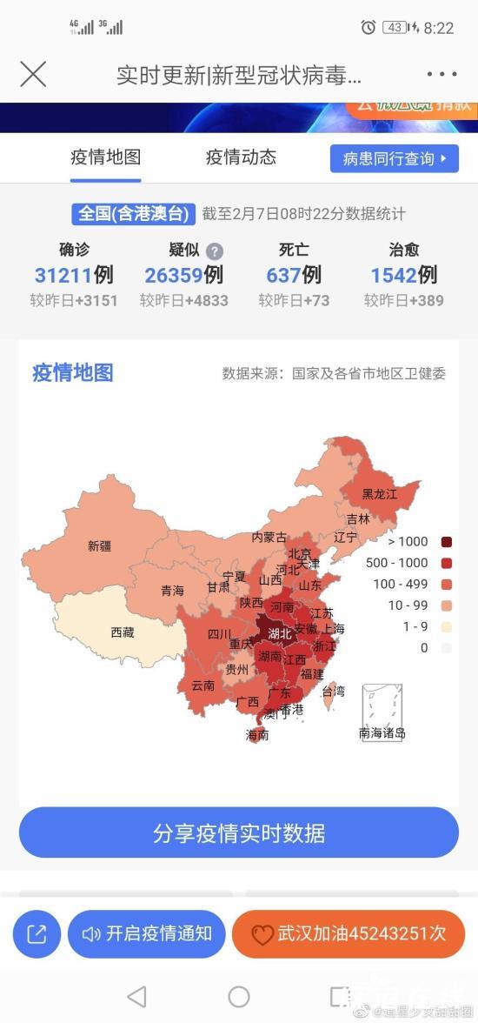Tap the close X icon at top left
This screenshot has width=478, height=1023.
33,75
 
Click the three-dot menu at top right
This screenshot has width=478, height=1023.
441,75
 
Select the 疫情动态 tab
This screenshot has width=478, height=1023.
241,157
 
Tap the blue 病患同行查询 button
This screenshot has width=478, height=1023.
394,158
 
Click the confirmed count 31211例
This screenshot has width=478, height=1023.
74,276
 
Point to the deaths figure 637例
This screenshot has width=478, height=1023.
294,276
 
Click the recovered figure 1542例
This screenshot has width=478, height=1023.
403,276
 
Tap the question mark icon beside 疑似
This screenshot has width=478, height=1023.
215,251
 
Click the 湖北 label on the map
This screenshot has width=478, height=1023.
280,633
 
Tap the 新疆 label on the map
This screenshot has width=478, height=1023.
100,546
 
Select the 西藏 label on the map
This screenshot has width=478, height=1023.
123,632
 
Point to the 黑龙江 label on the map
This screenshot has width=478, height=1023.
380,493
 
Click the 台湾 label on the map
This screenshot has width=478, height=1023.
333,692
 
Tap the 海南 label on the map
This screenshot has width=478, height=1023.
257,735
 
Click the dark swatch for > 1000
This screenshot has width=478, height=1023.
447,542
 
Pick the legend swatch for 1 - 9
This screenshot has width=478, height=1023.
447,626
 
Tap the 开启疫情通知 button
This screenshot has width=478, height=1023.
147,934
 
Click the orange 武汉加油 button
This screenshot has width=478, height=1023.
348,934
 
